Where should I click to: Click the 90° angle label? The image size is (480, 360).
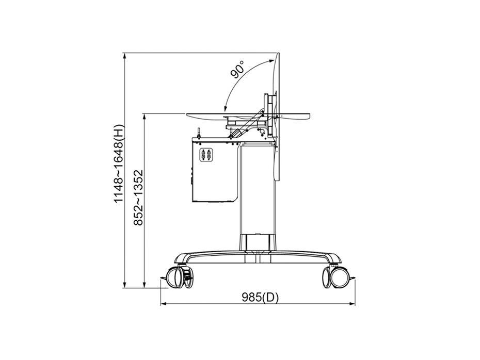pyautogui.click(x=238, y=69)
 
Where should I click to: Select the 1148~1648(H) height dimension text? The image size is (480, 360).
pyautogui.click(x=119, y=164)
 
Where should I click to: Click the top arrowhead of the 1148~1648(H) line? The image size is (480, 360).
pyautogui.click(x=124, y=56)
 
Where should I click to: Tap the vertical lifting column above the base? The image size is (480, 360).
pyautogui.click(x=255, y=191)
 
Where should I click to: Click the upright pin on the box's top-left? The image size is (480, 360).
pyautogui.click(x=198, y=133)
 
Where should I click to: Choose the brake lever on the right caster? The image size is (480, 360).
pyautogui.click(x=352, y=279)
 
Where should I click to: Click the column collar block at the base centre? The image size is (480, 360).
pyautogui.click(x=257, y=242)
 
